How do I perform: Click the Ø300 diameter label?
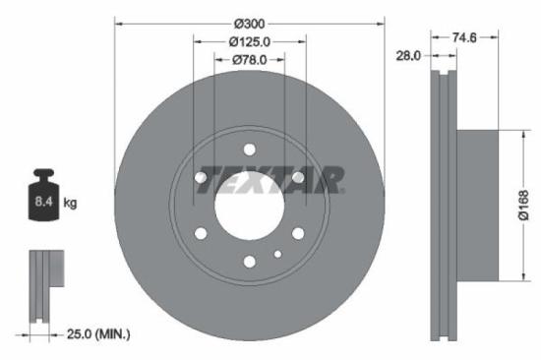click(249, 22)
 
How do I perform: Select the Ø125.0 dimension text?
click(249, 41)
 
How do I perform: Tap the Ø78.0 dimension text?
click(249, 60)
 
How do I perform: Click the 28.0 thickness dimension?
click(408, 56)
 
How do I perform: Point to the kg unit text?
click(70, 204)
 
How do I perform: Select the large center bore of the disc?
click(249, 206)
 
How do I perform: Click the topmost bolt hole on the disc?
click(249, 150)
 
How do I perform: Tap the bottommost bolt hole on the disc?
click(249, 261)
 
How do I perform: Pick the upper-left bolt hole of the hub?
click(201, 177)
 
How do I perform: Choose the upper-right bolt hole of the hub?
click(297, 177)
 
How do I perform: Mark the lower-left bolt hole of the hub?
click(201, 233)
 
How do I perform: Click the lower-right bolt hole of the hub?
click(297, 233)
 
